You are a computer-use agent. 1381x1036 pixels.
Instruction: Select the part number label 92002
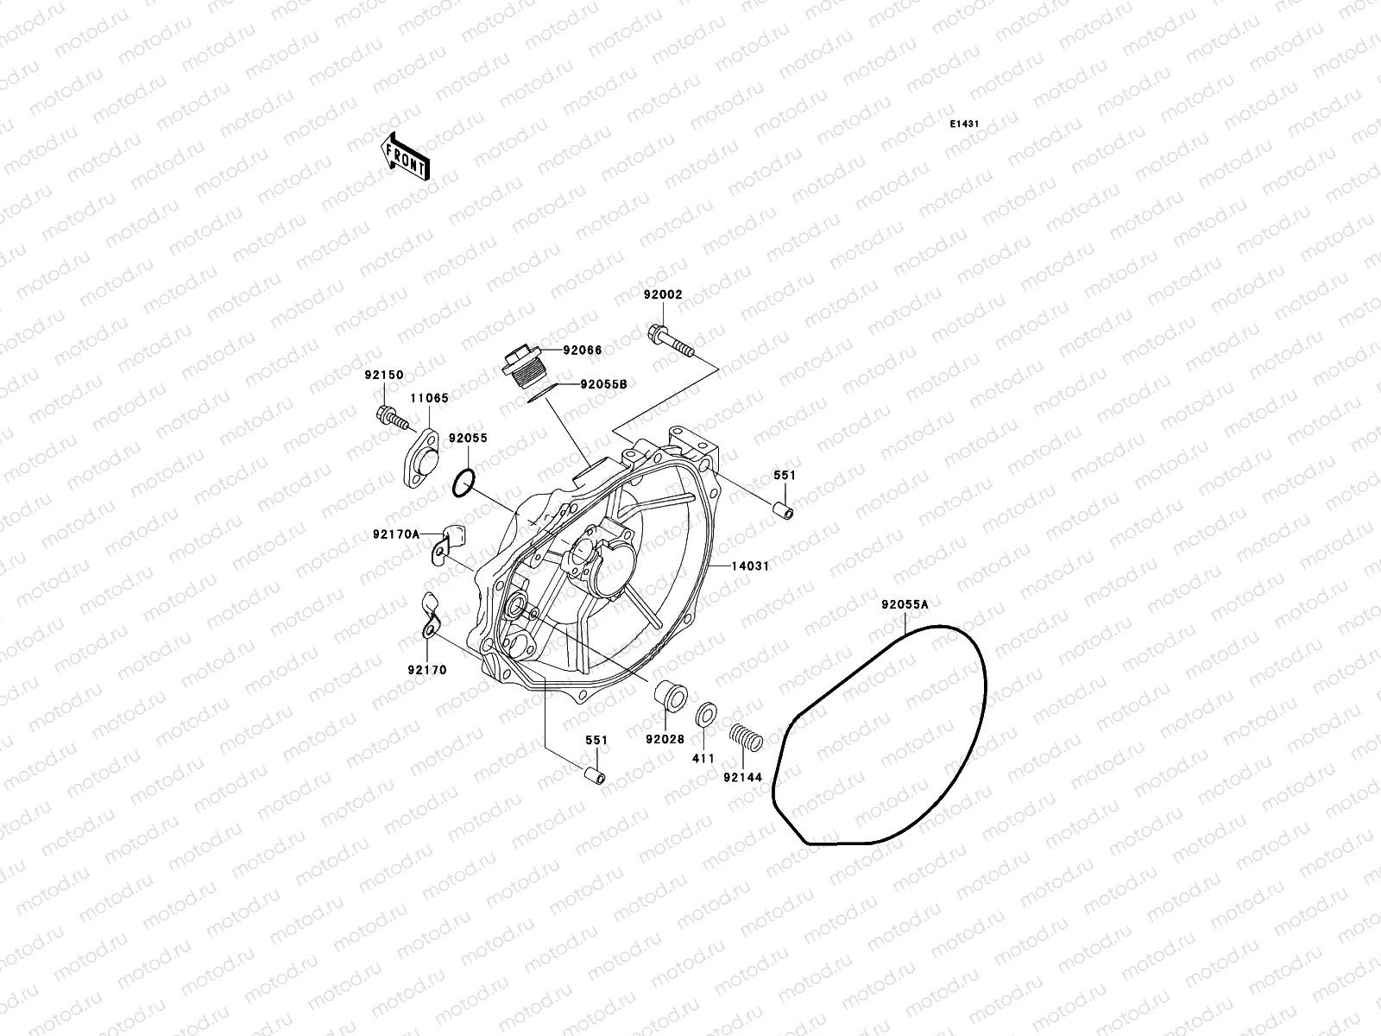[662, 294]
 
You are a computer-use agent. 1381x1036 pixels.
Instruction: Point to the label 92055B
[603, 385]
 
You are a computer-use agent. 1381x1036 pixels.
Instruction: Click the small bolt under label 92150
[391, 419]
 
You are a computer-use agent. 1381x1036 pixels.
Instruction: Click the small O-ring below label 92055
[463, 483]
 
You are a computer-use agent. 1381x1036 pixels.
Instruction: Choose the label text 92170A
[396, 534]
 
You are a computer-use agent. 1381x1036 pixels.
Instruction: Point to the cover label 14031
[751, 566]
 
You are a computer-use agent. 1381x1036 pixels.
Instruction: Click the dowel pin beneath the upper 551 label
[783, 510]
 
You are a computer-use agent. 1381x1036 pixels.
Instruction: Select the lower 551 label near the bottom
[596, 740]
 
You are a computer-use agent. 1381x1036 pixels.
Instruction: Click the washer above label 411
[704, 715]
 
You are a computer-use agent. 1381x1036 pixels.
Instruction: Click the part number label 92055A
[905, 604]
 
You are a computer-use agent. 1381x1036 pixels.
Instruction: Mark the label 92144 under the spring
[743, 777]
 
